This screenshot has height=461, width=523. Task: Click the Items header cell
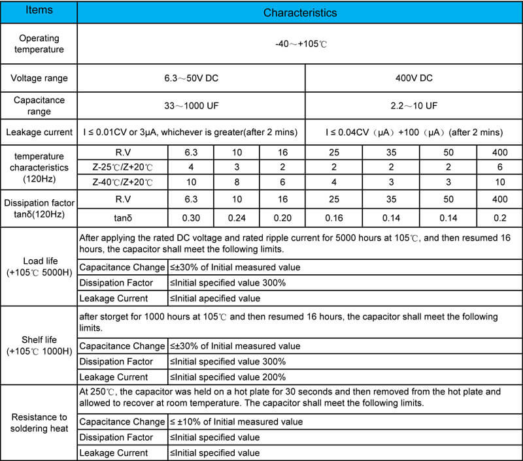39,12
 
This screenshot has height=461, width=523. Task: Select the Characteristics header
300,12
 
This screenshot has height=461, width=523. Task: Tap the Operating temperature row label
39,44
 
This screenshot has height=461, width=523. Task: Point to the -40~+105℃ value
300,44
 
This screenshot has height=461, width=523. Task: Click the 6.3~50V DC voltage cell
191,78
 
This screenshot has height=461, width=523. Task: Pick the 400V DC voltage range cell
413,78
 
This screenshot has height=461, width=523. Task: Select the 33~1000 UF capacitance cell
191,105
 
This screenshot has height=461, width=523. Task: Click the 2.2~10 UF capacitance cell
413,105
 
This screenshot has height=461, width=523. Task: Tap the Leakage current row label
39,133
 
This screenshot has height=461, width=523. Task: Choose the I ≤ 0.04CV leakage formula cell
413,133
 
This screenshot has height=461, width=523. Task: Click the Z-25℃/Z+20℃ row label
123,167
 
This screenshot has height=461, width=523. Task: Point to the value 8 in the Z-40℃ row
237,181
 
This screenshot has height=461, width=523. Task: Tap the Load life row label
39,266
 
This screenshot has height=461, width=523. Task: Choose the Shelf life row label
39,345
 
